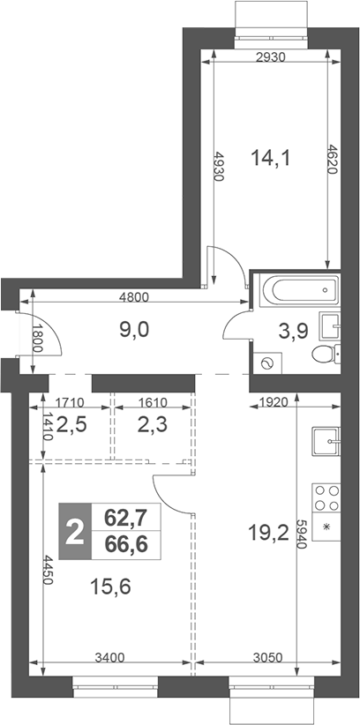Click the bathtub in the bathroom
tap(295, 289)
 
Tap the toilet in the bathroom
tap(325, 355)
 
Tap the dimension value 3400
tap(110, 656)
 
